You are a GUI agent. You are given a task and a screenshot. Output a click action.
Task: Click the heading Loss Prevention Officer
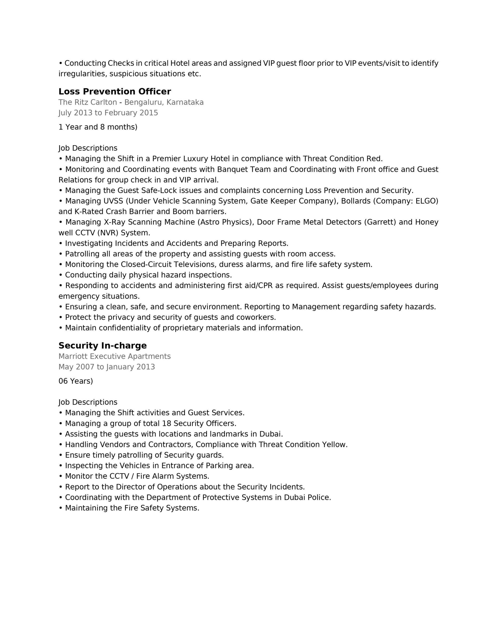tap(115, 91)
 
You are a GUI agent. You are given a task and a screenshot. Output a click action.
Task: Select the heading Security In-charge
tap(103, 345)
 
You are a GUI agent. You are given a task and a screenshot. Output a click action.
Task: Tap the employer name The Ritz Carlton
tap(87, 102)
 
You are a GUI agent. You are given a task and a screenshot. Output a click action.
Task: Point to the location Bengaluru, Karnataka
tap(164, 102)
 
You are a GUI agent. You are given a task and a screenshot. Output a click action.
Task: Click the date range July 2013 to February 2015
tap(108, 113)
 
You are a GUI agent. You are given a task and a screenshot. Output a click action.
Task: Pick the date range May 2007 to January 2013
tap(107, 367)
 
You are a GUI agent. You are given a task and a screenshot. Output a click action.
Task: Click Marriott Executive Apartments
tap(115, 356)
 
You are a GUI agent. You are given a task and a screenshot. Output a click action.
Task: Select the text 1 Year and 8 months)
tap(98, 127)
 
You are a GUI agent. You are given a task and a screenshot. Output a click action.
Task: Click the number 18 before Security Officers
tap(166, 423)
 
